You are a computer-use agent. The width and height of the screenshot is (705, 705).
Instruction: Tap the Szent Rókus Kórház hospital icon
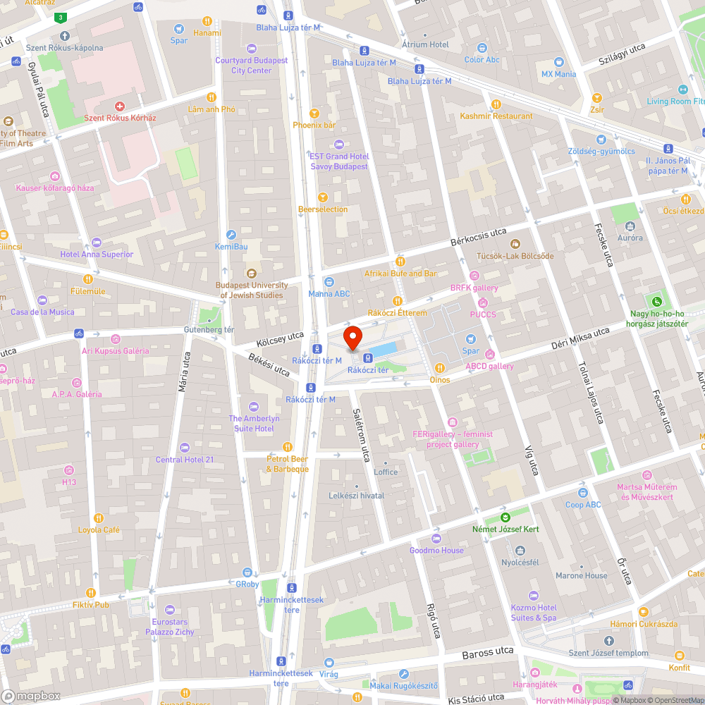coord(120,106)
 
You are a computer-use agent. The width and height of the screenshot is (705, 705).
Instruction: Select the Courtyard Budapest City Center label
coord(252,66)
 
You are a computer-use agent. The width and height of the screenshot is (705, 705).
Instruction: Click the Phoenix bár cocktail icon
coord(314,113)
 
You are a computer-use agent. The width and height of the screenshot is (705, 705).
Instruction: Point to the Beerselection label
coord(323,209)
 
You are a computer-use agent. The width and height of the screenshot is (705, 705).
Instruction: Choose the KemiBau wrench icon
coord(231,235)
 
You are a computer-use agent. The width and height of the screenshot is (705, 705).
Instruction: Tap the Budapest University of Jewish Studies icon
coord(251,274)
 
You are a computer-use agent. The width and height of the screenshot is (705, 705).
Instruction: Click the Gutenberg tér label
coord(209,329)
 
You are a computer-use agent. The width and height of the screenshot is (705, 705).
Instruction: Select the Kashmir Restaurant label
coord(496,116)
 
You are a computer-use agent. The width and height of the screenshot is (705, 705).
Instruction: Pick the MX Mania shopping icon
coord(558,62)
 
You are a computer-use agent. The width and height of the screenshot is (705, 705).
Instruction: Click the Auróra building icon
coord(630,226)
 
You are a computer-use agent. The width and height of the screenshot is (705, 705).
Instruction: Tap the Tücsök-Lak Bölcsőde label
coord(515,255)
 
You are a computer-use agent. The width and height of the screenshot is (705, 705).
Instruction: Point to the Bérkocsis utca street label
coord(479,237)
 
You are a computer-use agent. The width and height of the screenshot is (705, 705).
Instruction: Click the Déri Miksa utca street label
coord(580,340)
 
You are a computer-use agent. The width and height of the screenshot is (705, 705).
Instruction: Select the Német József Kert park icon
coord(505,517)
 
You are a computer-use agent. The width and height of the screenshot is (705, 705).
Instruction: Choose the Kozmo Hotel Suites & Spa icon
coord(534,596)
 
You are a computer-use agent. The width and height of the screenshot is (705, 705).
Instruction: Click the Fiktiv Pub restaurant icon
coord(90,592)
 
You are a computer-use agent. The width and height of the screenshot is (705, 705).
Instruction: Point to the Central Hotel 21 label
coord(185,460)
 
